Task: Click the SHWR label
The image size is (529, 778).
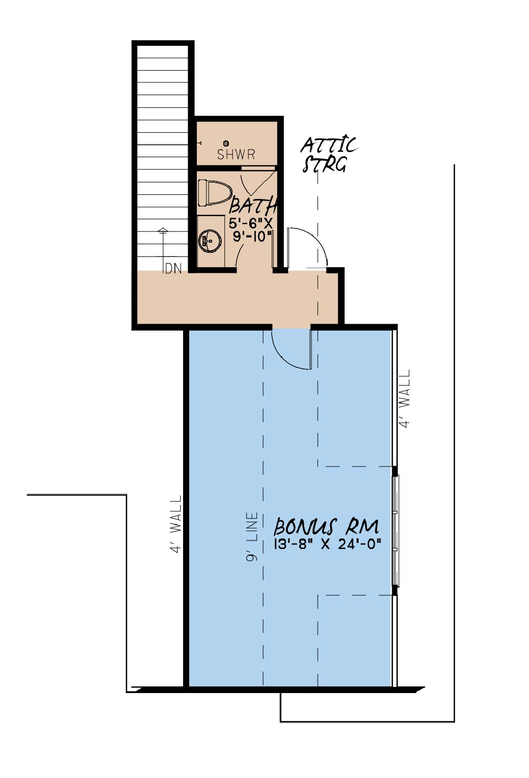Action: point(236,155)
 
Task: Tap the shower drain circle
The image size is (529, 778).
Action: point(226,143)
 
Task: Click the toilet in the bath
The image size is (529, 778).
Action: point(215,192)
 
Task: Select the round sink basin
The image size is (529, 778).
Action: point(210,240)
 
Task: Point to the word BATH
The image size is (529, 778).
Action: point(253,205)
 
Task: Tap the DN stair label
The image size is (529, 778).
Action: point(173,269)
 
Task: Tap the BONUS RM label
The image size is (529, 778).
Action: point(326,527)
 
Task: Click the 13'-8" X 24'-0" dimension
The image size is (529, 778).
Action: point(328,544)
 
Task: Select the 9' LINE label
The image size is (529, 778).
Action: point(252,537)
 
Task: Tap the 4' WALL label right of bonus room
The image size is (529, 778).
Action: point(405,398)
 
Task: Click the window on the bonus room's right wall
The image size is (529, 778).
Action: point(396,531)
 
